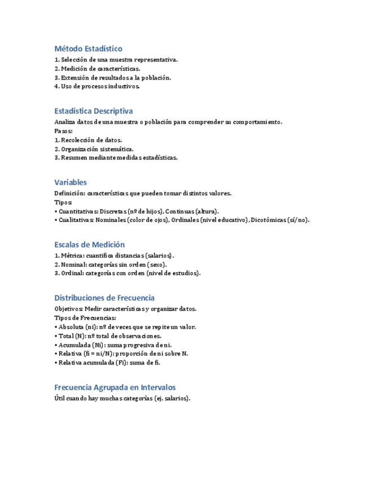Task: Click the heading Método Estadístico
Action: (x=88, y=49)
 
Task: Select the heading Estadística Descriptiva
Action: (x=94, y=111)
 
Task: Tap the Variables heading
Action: (x=71, y=182)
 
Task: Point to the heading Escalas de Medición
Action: (x=89, y=245)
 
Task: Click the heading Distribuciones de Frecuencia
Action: (x=105, y=298)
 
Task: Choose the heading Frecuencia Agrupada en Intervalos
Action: (x=115, y=387)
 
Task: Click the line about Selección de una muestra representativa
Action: (x=116, y=60)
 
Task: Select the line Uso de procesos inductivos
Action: (x=97, y=86)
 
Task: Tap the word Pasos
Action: (x=63, y=131)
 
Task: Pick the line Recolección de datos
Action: (x=88, y=140)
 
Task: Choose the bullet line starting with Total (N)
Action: (x=110, y=336)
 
